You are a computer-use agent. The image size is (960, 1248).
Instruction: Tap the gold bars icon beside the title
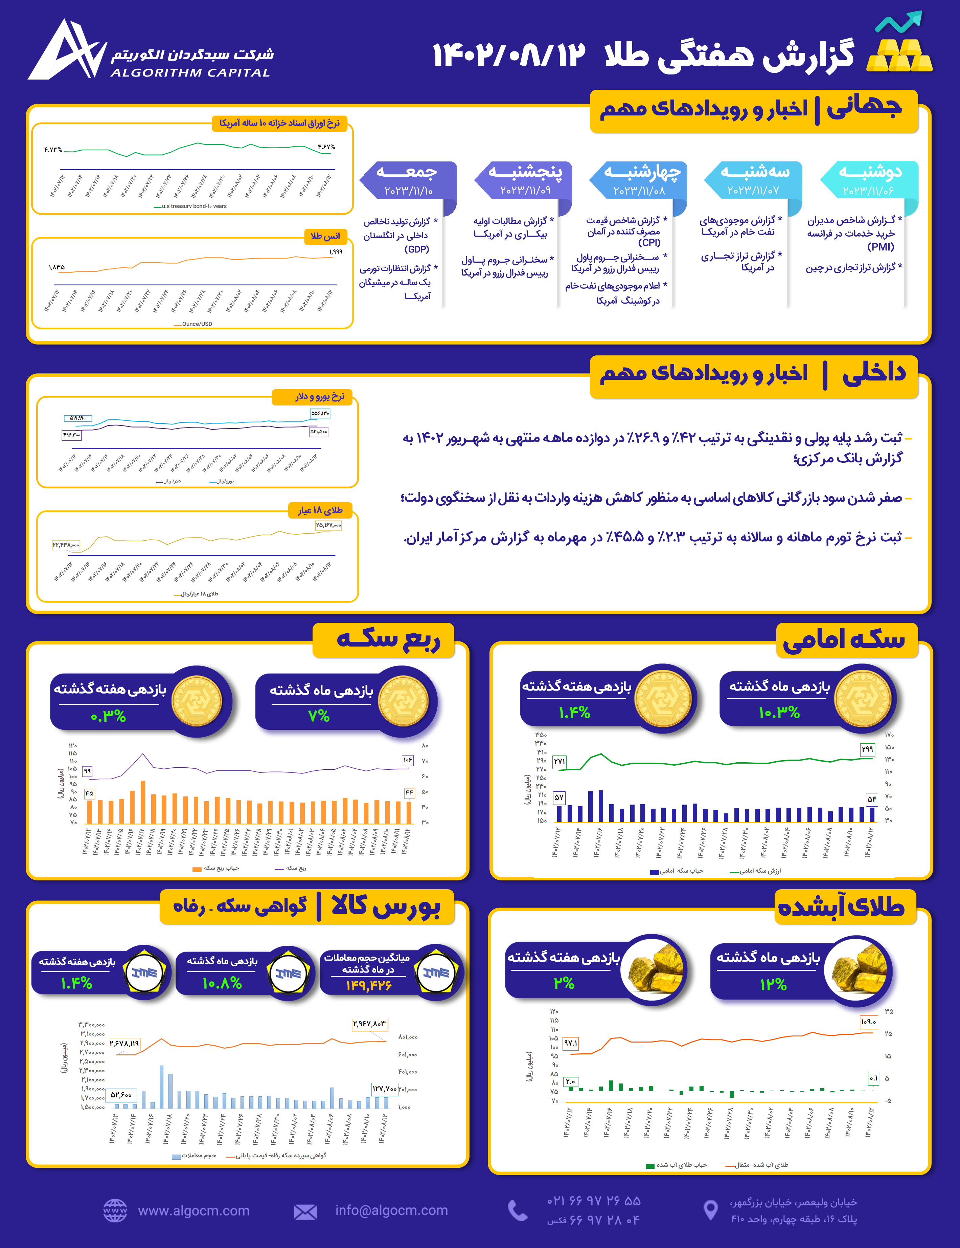(x=899, y=56)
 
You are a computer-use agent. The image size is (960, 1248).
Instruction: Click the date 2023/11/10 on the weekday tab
(x=408, y=190)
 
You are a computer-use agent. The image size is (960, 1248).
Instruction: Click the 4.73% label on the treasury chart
(x=53, y=150)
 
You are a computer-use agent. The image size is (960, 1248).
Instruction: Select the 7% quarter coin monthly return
(x=319, y=716)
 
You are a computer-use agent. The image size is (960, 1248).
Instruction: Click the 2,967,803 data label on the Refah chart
(x=369, y=1024)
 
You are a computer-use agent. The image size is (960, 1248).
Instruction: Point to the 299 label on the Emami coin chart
(x=867, y=749)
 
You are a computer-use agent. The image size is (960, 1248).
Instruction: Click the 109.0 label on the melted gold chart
(x=868, y=1021)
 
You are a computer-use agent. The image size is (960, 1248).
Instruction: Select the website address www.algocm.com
(x=193, y=1210)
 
